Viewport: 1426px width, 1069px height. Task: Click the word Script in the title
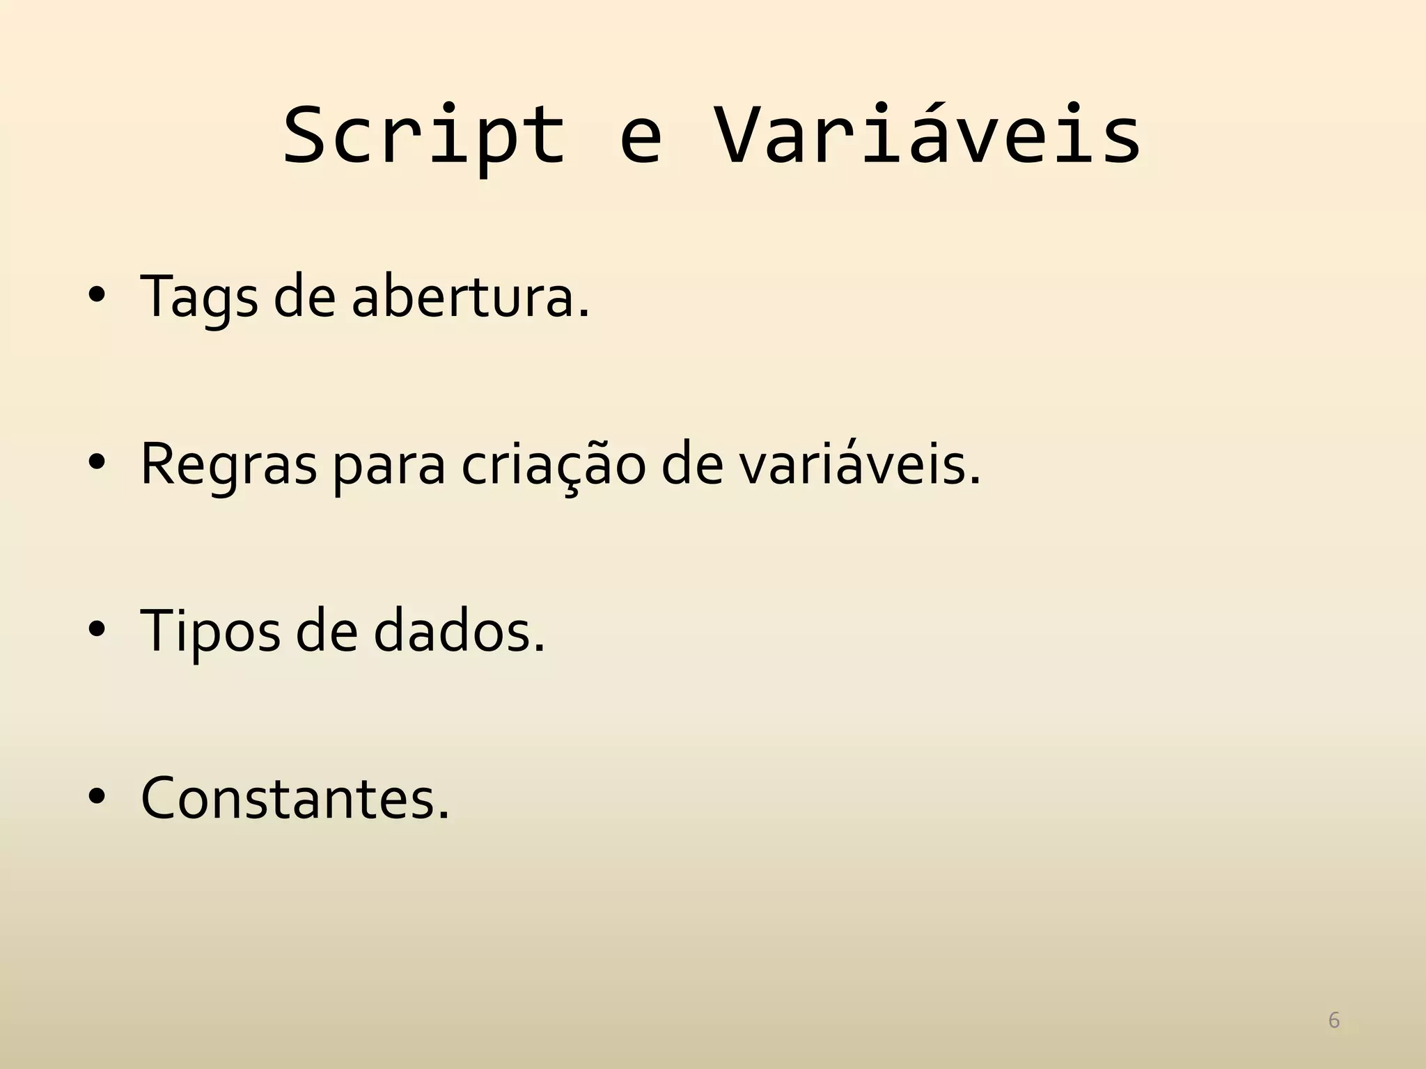click(424, 136)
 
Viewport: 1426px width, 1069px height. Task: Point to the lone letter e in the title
click(640, 143)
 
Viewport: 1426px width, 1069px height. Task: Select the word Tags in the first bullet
click(199, 297)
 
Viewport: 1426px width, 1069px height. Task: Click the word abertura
click(470, 297)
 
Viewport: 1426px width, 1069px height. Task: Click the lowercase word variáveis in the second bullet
click(859, 464)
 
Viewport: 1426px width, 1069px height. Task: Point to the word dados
click(459, 631)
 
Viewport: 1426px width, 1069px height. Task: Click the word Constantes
click(295, 798)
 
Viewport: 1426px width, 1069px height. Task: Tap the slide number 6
click(1334, 1020)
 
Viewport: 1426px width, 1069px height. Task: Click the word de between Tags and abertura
click(304, 297)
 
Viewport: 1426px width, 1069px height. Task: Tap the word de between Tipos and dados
click(326, 631)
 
